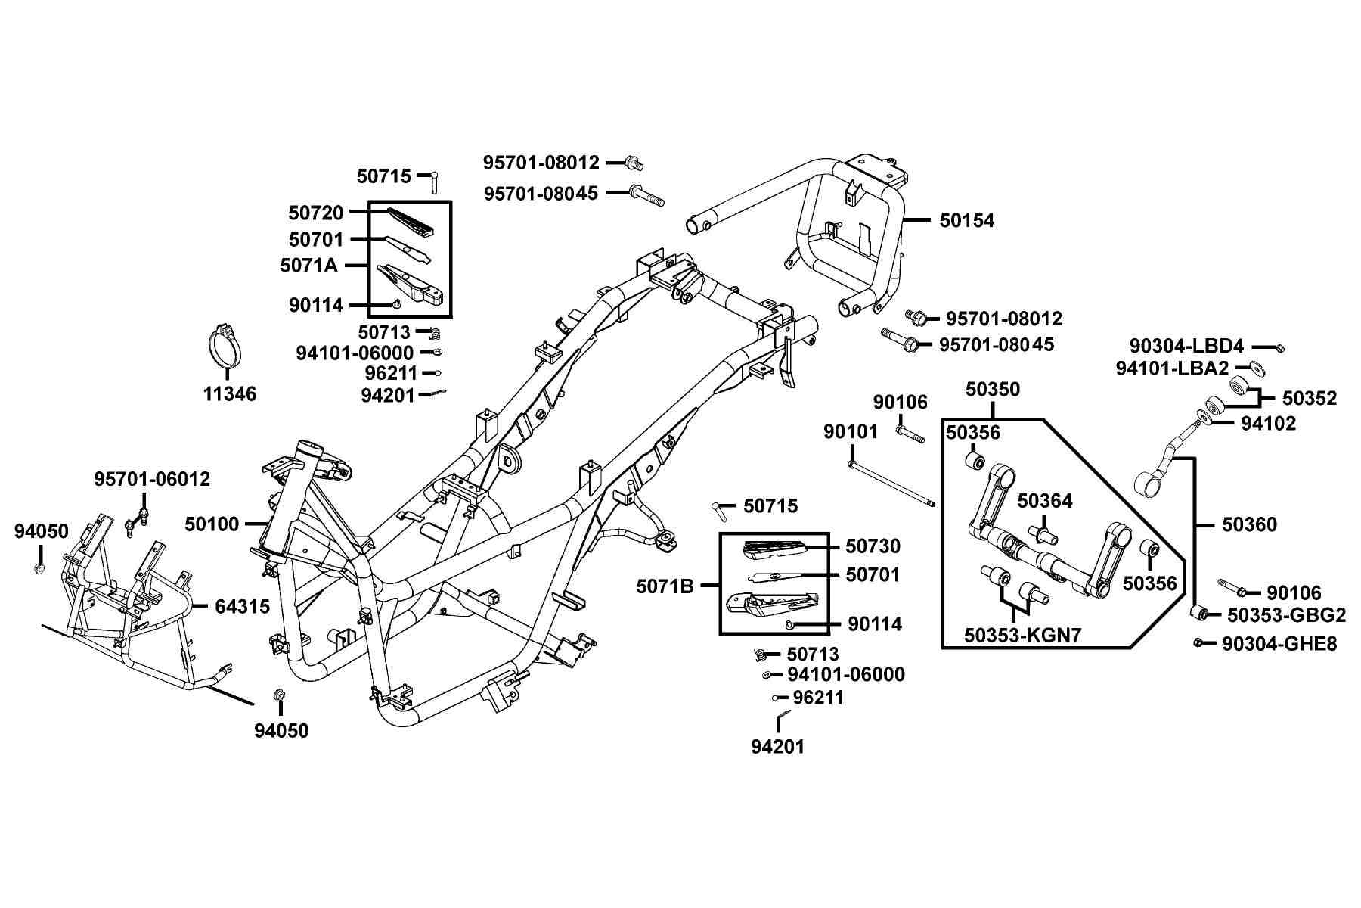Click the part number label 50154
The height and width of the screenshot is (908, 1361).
click(967, 220)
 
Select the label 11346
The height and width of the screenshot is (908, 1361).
click(230, 393)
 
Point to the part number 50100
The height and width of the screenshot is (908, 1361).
click(212, 524)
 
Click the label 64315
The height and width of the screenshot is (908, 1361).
click(242, 606)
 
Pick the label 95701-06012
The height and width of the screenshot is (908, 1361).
click(152, 479)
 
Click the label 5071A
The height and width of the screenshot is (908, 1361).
click(308, 266)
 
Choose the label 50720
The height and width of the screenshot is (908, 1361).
click(316, 213)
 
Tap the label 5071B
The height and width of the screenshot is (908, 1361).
click(665, 586)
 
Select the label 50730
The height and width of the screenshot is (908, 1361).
click(873, 546)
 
